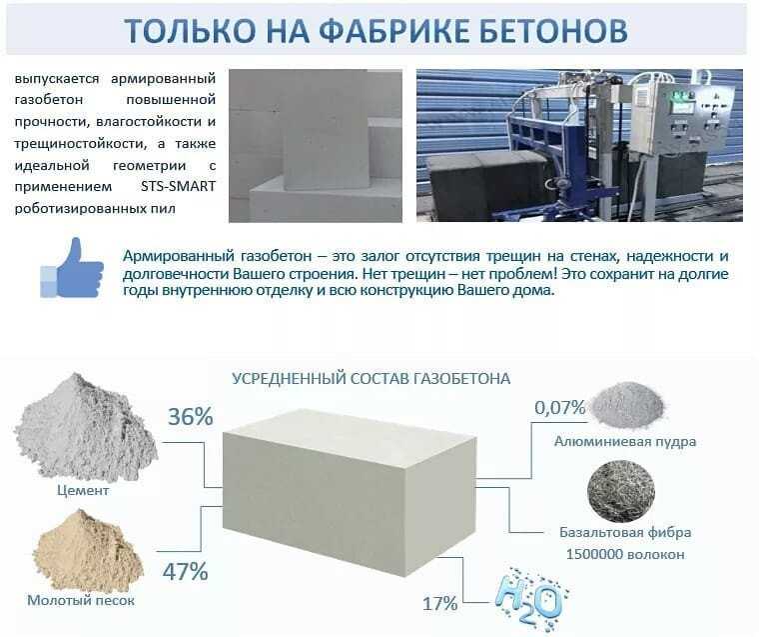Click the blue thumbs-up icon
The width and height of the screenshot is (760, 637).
coord(72,268)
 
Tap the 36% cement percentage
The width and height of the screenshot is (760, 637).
coord(191,417)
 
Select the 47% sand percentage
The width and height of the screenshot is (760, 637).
coord(185,572)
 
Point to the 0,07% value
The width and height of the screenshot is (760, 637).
coord(560,408)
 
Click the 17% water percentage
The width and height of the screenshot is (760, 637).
coord(440,604)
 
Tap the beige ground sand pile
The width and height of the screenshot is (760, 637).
coord(88,551)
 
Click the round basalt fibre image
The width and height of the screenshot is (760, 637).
coord(621,491)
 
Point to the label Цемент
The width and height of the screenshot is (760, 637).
coord(83,490)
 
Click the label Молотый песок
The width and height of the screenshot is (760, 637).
coord(81,601)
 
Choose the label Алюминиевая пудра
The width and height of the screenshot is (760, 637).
coord(625,441)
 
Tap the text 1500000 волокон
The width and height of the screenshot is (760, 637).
coord(625,555)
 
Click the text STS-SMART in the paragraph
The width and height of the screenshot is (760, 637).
coord(179,187)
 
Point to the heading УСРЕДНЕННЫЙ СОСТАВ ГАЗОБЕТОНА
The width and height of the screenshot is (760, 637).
coord(372,378)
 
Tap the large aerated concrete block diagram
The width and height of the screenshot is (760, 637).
coord(349,492)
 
